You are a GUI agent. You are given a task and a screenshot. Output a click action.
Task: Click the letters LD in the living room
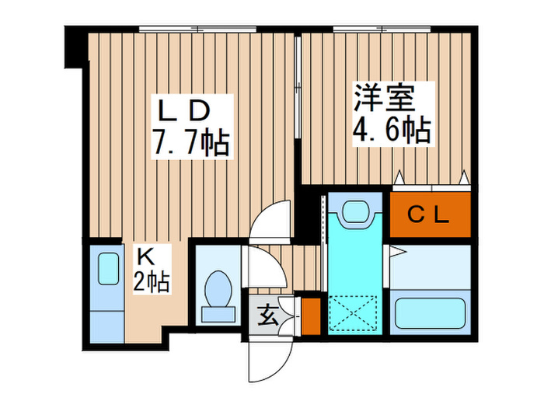click(x=185, y=110)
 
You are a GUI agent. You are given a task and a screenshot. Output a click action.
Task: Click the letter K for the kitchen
click(x=146, y=255)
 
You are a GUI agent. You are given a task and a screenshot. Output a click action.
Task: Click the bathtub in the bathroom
click(x=429, y=312)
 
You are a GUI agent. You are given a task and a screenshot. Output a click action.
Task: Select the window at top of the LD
click(x=198, y=30)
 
